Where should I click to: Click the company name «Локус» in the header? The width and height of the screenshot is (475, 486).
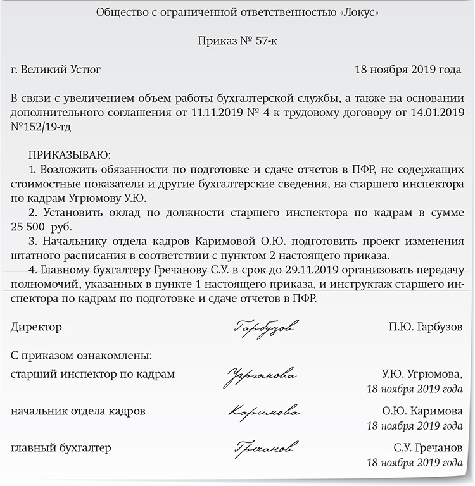[357, 13]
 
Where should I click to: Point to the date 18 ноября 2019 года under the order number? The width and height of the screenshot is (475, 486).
[408, 70]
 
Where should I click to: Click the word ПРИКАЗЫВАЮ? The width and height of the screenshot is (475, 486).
[69, 155]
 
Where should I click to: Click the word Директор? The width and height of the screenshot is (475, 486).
[37, 327]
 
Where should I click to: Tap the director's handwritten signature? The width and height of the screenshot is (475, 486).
[267, 327]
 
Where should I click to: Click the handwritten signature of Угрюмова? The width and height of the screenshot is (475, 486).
[259, 375]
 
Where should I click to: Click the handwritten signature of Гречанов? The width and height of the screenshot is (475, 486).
[262, 448]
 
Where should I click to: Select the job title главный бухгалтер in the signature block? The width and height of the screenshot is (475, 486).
[61, 448]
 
